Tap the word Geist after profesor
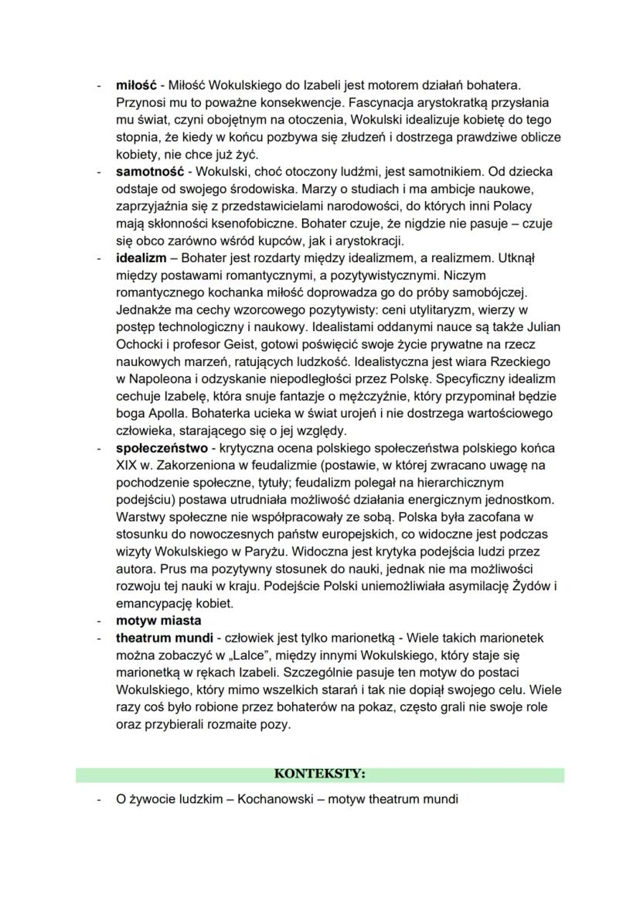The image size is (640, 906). click(x=220, y=344)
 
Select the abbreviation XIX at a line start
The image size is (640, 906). click(x=127, y=465)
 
